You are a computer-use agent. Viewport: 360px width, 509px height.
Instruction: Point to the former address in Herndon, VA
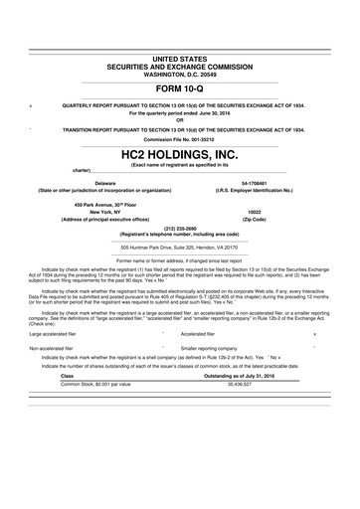tap(180, 247)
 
